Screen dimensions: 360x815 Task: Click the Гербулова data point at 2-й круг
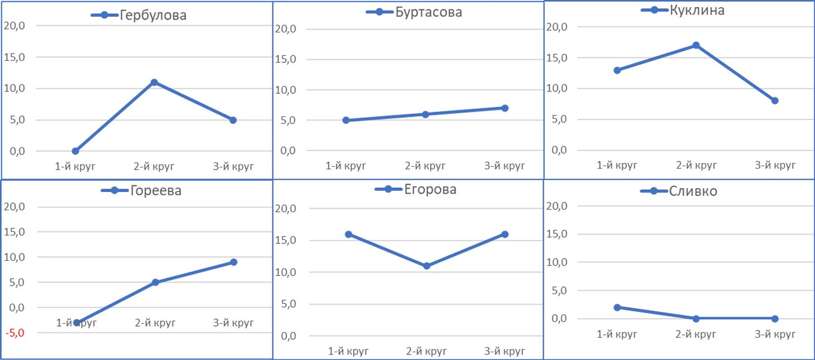click(x=154, y=83)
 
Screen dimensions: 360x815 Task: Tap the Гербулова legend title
click(x=152, y=16)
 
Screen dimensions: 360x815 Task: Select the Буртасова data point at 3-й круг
click(x=505, y=108)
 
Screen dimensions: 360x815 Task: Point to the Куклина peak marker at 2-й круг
click(x=696, y=45)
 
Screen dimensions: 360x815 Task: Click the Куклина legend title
click(x=697, y=10)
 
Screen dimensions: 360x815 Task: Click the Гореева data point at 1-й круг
click(x=76, y=323)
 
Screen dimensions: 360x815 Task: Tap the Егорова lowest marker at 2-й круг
click(x=426, y=266)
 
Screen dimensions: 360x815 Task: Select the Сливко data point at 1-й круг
click(x=617, y=308)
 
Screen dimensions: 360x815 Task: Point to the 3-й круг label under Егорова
click(x=505, y=352)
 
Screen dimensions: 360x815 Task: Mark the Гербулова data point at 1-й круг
click(x=75, y=151)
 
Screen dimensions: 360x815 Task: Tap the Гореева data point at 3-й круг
click(x=233, y=262)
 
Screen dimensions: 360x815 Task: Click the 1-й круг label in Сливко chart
click(x=617, y=335)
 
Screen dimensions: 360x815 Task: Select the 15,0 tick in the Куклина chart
click(x=558, y=58)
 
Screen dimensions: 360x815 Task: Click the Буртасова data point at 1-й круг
click(x=346, y=120)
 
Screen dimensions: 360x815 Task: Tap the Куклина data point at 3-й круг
click(x=775, y=101)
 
